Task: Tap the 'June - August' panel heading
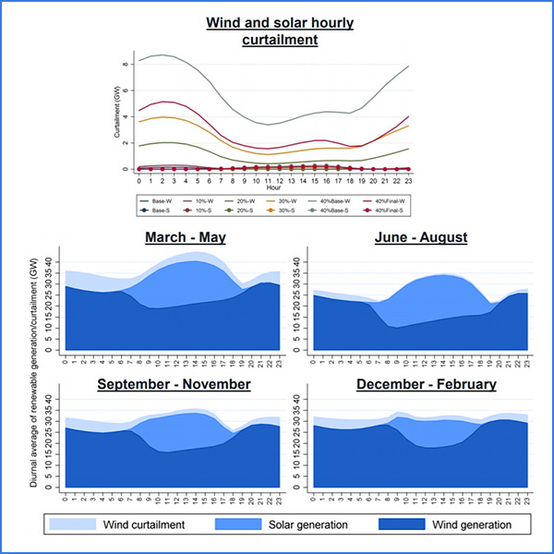click(x=421, y=237)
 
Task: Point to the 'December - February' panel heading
click(x=426, y=383)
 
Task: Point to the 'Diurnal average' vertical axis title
click(x=33, y=360)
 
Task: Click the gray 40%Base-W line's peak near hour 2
click(x=163, y=55)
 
